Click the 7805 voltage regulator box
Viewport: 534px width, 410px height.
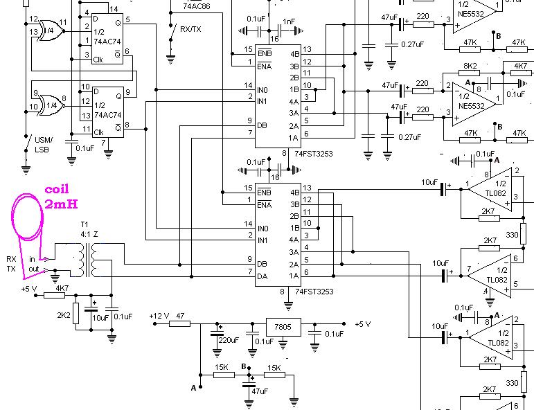(x=283, y=327)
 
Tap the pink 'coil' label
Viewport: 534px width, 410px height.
(x=57, y=189)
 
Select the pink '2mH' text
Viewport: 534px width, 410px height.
(x=62, y=204)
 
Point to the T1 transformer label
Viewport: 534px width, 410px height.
(x=84, y=224)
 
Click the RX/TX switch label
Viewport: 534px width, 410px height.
(x=190, y=29)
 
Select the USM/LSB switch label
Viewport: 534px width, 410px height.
(x=43, y=145)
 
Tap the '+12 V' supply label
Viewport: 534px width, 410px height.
(x=159, y=316)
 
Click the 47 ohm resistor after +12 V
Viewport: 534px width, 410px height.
(x=180, y=323)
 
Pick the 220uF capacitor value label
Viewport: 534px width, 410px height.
(x=229, y=340)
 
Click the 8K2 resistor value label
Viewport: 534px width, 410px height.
(x=470, y=66)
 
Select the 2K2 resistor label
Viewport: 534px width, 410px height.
(x=63, y=316)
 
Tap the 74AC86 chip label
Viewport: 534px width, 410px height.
(x=197, y=6)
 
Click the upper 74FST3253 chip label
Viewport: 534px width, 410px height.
(x=314, y=154)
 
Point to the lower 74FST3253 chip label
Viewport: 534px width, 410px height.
(x=314, y=292)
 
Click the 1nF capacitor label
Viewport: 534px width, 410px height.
(x=289, y=21)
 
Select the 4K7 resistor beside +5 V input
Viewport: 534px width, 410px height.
(x=54, y=295)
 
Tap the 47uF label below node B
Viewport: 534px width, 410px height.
(x=260, y=391)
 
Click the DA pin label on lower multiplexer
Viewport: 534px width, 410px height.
(x=262, y=276)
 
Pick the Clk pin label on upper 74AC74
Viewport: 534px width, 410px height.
(x=98, y=60)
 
